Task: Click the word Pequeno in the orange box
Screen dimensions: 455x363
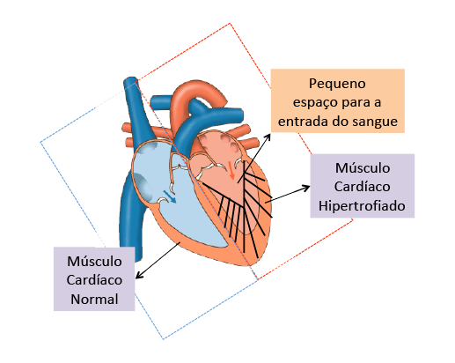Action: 337,84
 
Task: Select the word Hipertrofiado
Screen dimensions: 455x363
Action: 362,206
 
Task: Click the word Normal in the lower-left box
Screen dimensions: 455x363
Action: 94,299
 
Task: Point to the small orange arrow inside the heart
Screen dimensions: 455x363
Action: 231,170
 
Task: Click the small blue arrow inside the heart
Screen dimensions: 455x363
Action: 170,196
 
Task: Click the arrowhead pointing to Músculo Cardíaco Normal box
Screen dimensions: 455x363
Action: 139,275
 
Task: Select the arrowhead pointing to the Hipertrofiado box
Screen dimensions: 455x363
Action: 306,187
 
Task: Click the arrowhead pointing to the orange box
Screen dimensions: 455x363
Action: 268,137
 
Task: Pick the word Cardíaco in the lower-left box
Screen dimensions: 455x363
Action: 94,280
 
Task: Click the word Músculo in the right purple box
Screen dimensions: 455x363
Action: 363,168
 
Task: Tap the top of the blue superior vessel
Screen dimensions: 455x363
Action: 130,80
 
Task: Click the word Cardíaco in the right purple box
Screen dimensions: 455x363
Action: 362,187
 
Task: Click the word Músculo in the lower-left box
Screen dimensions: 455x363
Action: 94,261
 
